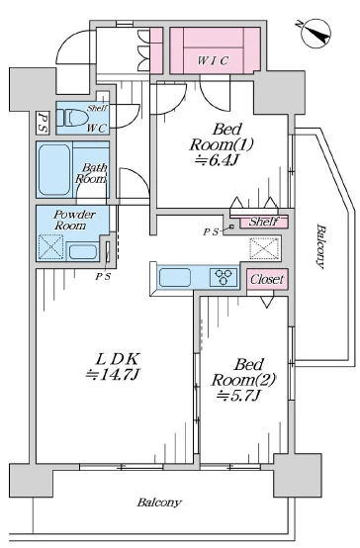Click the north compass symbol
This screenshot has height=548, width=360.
click(315, 34)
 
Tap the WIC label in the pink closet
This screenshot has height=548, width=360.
click(213, 60)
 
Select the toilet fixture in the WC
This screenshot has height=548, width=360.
click(71, 118)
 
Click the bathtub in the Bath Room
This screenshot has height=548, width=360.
click(54, 169)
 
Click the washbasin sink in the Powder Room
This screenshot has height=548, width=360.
click(83, 252)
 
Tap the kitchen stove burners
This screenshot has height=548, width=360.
click(224, 278)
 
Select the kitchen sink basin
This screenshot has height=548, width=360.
click(175, 278)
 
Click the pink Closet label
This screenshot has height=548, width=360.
click(267, 279)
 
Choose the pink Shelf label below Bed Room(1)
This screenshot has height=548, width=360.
click(264, 222)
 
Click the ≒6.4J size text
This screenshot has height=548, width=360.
click(218, 160)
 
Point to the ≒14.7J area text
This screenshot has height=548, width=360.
click(113, 374)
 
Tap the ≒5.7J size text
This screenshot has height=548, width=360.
click(238, 396)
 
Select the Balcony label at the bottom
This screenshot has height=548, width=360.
click(159, 502)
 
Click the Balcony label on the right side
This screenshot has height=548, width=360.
click(320, 246)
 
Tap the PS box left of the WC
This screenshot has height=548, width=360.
click(43, 123)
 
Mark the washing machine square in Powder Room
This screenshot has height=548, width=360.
click(50, 247)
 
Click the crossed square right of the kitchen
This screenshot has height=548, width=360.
click(265, 248)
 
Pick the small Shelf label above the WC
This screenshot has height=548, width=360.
click(98, 108)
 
